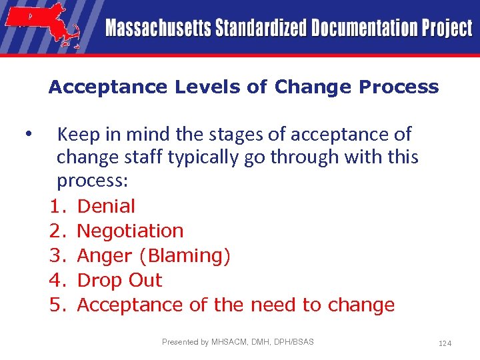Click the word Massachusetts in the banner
point(157,29)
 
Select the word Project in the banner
point(446,29)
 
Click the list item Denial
point(106,207)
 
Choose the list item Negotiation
point(130,231)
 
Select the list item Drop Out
point(119,281)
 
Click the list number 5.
point(56,305)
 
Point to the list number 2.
point(56,231)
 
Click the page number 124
point(445,343)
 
